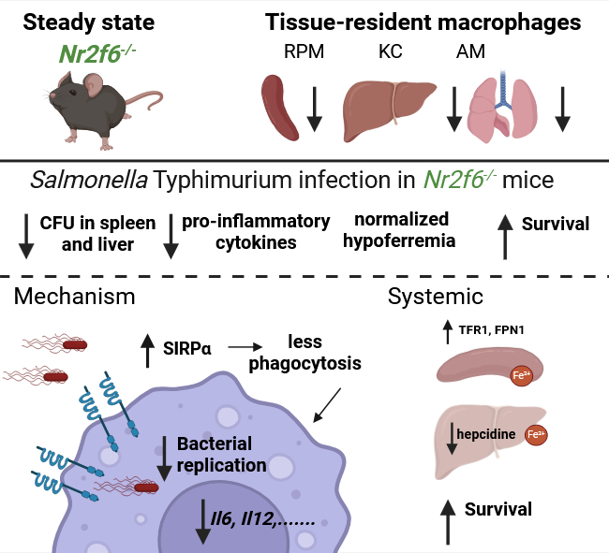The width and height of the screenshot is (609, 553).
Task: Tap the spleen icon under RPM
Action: coord(278,104)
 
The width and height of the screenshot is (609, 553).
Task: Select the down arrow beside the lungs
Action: coord(562,109)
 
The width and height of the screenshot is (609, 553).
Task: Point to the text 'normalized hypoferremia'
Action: coord(401,230)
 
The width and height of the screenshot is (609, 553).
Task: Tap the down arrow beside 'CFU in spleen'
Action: coord(25,237)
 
